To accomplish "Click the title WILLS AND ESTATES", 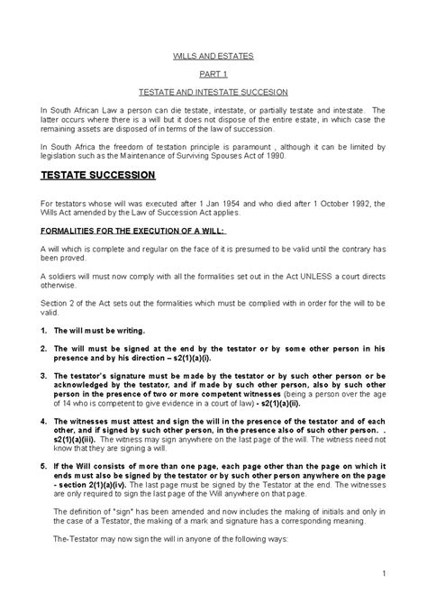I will (x=213, y=56).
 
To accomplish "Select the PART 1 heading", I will (x=213, y=74).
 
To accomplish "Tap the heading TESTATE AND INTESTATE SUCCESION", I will (x=213, y=92).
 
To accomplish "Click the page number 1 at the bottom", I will (x=384, y=573).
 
